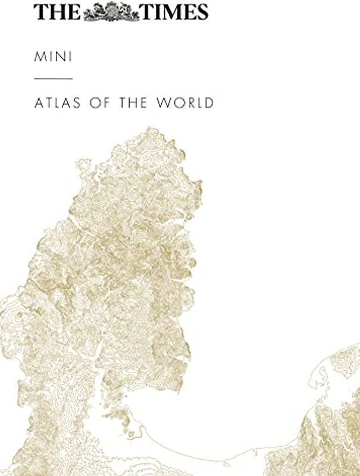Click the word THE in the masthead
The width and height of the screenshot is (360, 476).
(57, 11)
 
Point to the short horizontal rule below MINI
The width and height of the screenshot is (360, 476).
(53, 79)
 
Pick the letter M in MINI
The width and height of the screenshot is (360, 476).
(39, 57)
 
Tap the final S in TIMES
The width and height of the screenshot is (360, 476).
(201, 11)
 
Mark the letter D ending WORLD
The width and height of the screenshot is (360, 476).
(209, 102)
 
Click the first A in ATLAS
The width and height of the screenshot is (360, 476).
(38, 102)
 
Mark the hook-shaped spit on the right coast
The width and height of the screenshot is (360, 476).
(318, 381)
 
